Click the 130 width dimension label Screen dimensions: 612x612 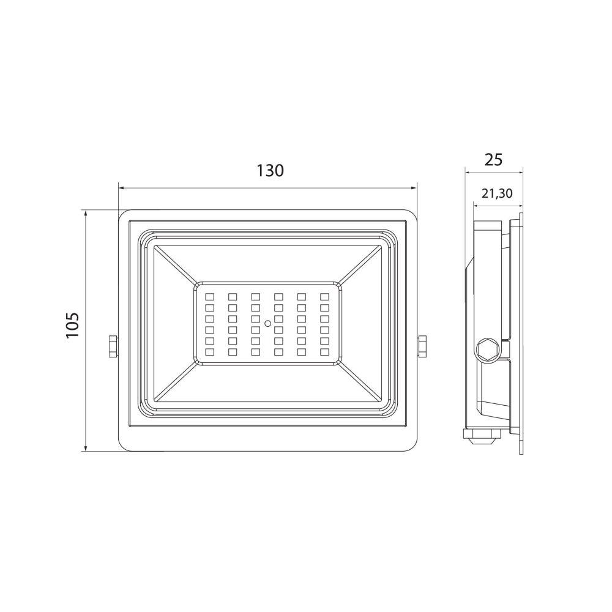click(270, 171)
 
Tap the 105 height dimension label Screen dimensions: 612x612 click(73, 325)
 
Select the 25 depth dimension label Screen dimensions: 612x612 click(493, 160)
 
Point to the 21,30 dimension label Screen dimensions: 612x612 click(496, 193)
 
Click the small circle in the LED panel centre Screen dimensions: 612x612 click(268, 323)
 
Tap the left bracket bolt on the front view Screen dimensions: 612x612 click(113, 346)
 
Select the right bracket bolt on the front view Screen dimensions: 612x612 click(422, 346)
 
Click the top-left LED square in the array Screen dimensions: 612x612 click(210, 297)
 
